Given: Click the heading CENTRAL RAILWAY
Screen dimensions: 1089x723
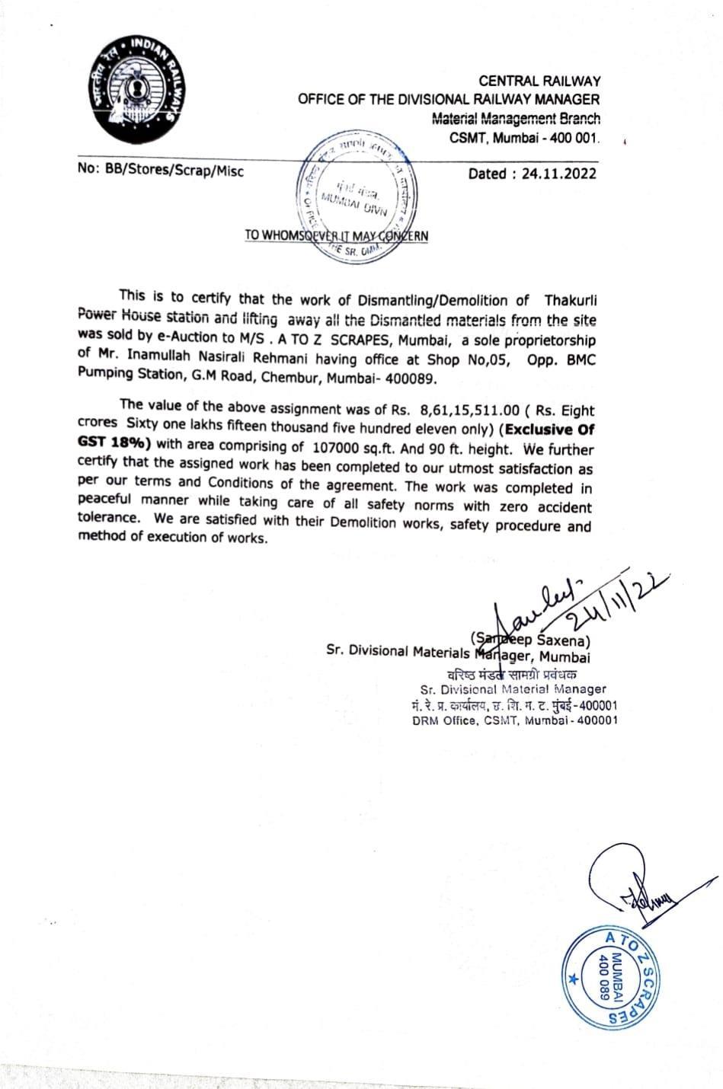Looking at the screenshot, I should pyautogui.click(x=539, y=81).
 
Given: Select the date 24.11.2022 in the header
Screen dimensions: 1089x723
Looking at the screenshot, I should pyautogui.click(x=559, y=174).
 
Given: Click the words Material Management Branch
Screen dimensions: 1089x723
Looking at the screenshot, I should pyautogui.click(x=516, y=118).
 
